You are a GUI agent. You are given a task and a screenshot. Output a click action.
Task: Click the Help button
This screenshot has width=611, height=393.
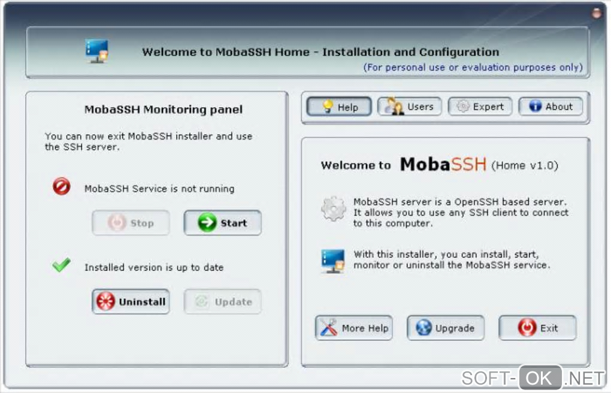click(338, 107)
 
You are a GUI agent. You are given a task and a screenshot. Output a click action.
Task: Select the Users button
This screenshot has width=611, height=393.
click(409, 107)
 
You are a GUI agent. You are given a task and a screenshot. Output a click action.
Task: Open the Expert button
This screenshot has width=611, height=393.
click(480, 107)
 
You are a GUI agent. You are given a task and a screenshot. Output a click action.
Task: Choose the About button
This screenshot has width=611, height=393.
click(550, 107)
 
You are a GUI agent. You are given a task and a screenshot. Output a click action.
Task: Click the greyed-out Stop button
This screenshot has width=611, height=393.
click(131, 223)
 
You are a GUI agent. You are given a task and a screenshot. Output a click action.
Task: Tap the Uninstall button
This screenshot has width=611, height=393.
click(131, 301)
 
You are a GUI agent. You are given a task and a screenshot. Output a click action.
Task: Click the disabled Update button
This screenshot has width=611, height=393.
click(222, 301)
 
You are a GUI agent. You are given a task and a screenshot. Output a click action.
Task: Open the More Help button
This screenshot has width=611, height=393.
click(354, 328)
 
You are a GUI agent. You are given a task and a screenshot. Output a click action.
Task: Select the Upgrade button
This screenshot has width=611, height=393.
click(446, 328)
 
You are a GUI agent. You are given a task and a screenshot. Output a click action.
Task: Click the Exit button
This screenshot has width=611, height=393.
click(537, 328)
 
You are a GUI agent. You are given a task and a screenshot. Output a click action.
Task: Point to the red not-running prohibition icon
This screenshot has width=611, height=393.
click(62, 186)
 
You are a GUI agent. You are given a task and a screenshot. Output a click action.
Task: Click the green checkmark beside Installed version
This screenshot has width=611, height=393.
click(61, 265)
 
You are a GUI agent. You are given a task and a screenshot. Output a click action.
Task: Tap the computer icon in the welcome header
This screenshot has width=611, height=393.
click(96, 51)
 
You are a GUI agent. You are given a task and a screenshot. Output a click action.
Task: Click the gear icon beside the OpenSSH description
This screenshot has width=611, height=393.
click(333, 209)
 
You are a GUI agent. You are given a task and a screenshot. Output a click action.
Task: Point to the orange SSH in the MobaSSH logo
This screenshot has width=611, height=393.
click(468, 164)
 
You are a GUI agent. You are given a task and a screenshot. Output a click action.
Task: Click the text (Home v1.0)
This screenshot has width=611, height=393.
click(525, 165)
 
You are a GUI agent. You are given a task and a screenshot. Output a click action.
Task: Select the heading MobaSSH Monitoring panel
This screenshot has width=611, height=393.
click(164, 110)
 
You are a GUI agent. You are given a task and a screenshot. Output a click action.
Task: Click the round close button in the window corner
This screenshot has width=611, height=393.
click(596, 13)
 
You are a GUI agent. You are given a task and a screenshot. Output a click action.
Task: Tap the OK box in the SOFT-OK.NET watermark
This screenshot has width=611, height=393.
click(540, 377)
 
